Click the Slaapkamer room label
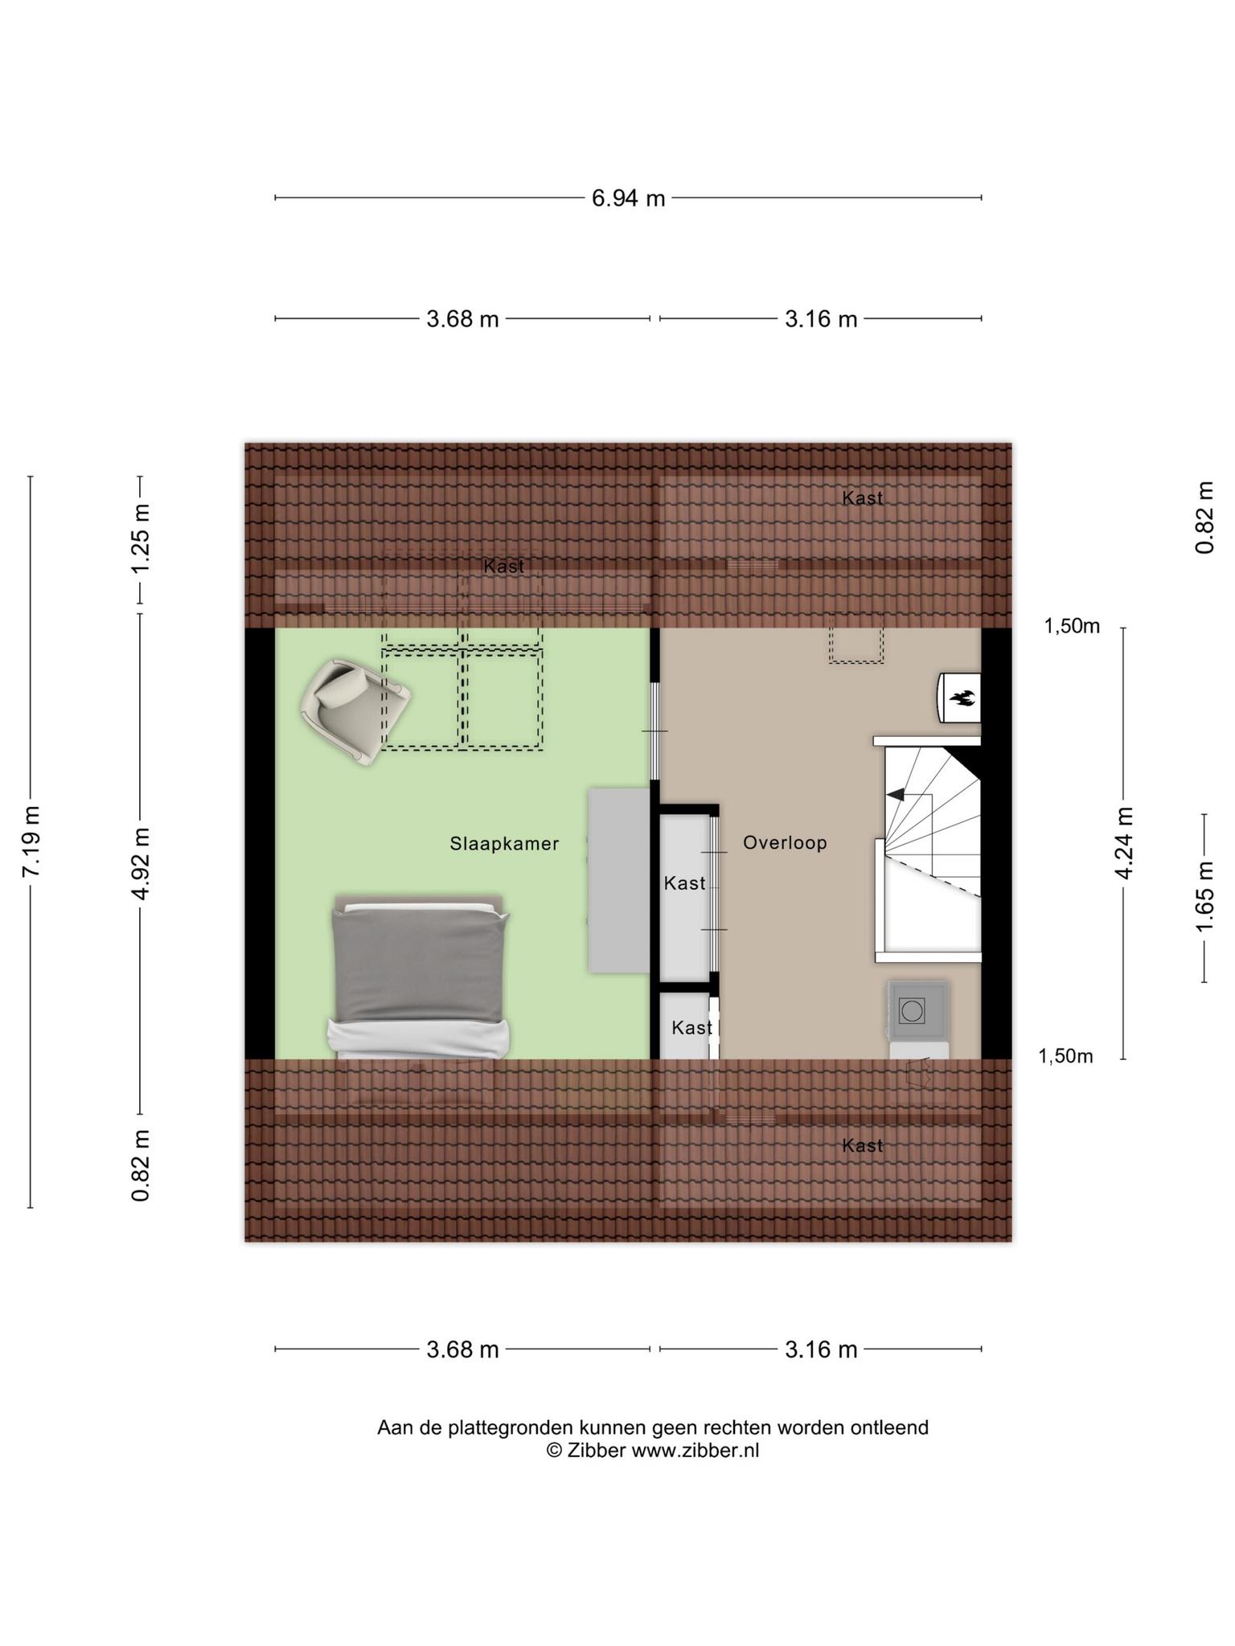(x=504, y=844)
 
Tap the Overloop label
(x=785, y=842)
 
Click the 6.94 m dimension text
(x=629, y=198)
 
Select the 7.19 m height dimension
(x=31, y=841)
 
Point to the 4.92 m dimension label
(x=142, y=864)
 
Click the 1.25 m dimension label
(x=142, y=538)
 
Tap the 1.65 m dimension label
(x=1204, y=897)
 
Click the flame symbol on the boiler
(x=962, y=698)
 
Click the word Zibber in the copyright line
(x=597, y=1450)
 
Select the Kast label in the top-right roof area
(x=863, y=498)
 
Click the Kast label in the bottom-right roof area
(x=863, y=1145)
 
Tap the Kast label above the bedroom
(x=504, y=567)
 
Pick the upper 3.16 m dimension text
(x=821, y=320)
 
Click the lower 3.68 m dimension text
(x=462, y=1349)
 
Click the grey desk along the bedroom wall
(x=618, y=880)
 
